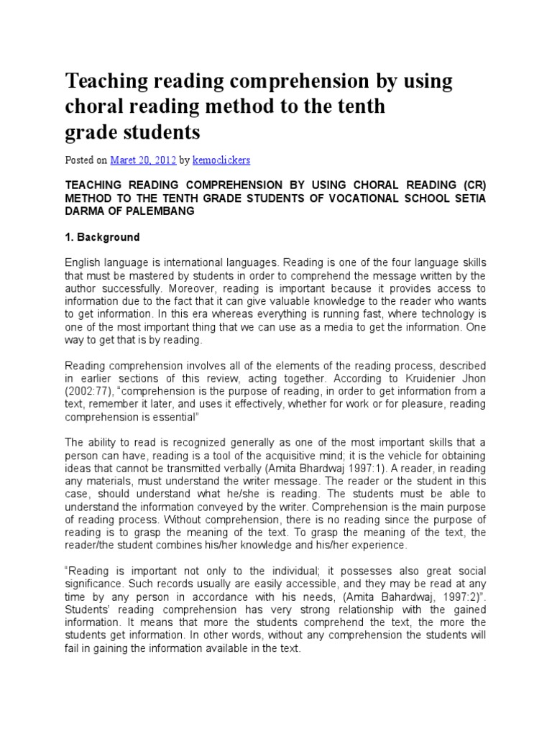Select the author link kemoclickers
point(228,159)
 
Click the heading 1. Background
point(103,236)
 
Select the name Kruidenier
point(421,377)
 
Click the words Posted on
point(86,159)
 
